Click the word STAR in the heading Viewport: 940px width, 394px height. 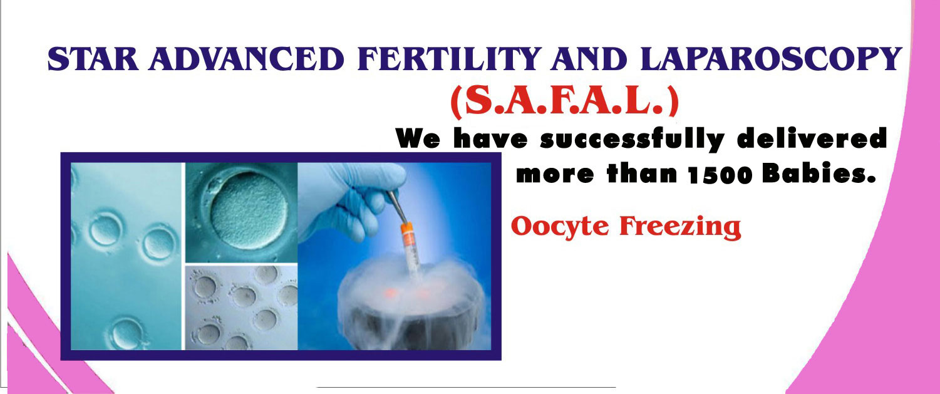(x=93, y=58)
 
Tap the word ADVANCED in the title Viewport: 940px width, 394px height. (x=246, y=58)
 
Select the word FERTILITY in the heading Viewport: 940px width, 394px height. (x=448, y=58)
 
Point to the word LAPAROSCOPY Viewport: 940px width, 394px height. (x=772, y=59)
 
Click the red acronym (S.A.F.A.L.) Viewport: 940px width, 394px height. (x=564, y=102)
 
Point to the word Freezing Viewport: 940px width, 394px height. (x=680, y=227)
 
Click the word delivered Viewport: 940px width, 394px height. (x=812, y=138)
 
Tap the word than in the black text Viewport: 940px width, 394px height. (x=642, y=173)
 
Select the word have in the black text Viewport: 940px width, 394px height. (x=490, y=138)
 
